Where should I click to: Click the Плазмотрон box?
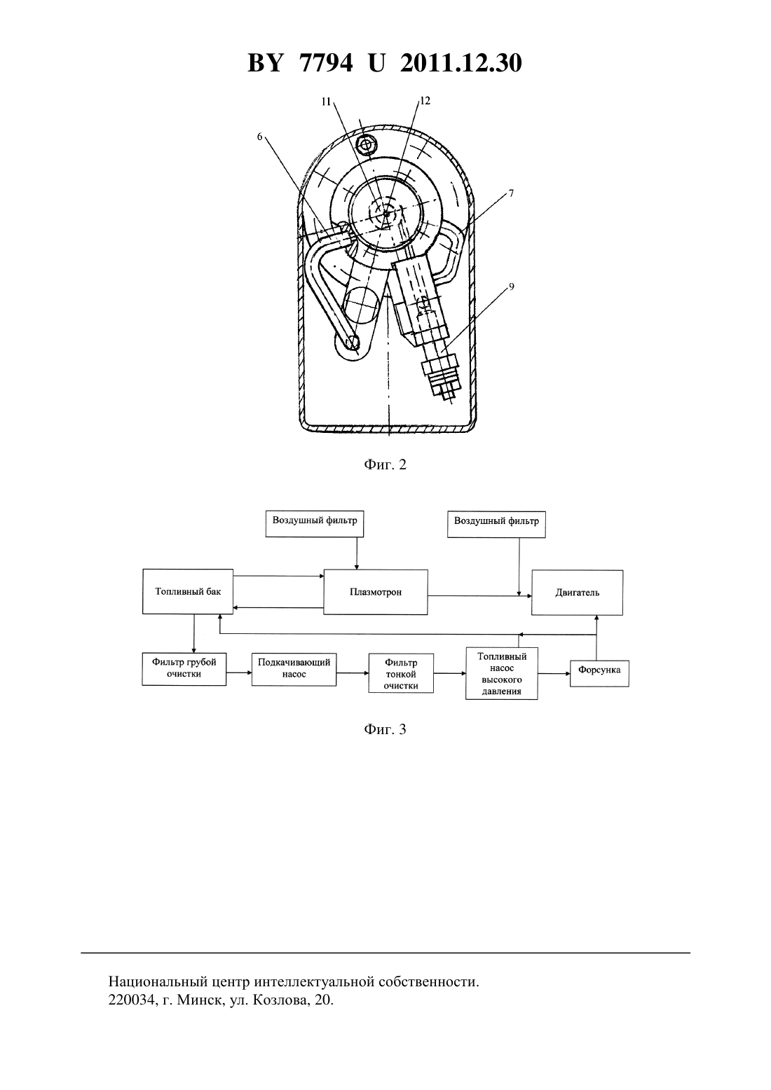(x=375, y=592)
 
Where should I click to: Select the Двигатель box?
(x=577, y=593)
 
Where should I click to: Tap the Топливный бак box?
(x=188, y=591)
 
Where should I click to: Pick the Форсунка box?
(x=599, y=673)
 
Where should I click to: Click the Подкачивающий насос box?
(x=294, y=670)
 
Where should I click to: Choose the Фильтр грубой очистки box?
(x=184, y=669)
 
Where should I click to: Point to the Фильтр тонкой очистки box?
(x=401, y=673)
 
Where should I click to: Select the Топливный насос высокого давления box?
(x=502, y=673)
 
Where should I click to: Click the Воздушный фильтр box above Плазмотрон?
(x=315, y=523)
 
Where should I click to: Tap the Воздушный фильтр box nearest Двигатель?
(x=496, y=524)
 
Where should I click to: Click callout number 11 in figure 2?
(x=326, y=102)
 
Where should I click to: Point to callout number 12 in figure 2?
(x=425, y=101)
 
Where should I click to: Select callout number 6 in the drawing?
(x=260, y=137)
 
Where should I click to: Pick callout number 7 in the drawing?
(x=511, y=193)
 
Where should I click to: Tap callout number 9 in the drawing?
(x=512, y=287)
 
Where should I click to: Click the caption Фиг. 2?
(x=385, y=464)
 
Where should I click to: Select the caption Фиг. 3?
(x=385, y=729)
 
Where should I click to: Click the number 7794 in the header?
(x=326, y=63)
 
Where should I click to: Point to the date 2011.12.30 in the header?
(x=461, y=63)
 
